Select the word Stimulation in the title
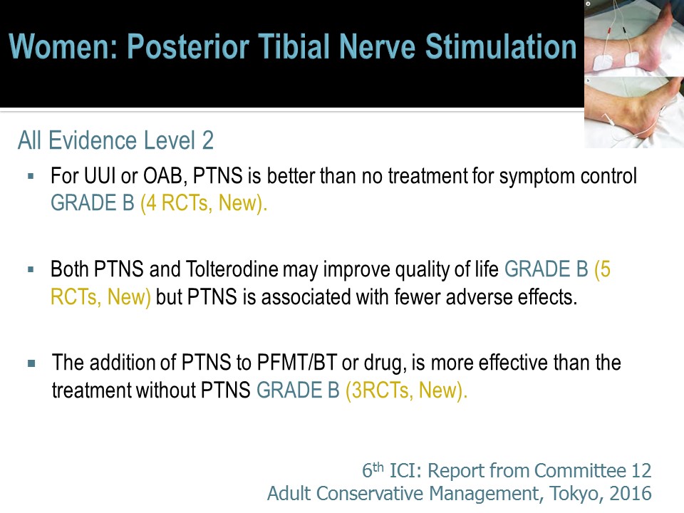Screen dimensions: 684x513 501,46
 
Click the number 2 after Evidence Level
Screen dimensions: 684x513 207,140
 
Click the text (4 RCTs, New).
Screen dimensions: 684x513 203,203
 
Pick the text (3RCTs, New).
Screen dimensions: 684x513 406,390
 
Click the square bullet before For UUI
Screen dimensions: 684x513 31,176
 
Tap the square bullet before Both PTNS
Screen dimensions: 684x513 31,269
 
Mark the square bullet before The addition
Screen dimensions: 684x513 31,363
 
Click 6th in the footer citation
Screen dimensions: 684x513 373,470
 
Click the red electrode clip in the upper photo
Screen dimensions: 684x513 609,31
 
